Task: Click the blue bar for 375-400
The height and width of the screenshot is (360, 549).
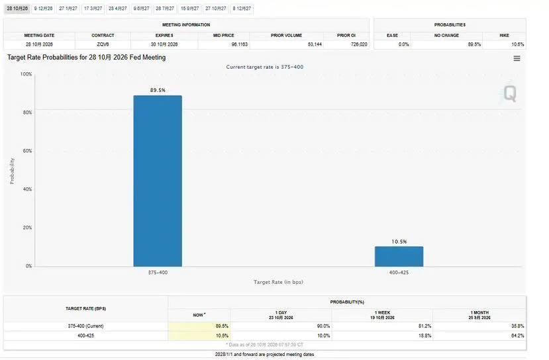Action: coord(158,181)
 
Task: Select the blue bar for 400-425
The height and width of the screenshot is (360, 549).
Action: coord(399,257)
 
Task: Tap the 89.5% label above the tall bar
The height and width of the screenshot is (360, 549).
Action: coord(158,90)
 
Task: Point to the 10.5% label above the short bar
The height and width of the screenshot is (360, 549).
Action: coord(399,242)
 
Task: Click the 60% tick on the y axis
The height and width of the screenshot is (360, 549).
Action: coord(27,151)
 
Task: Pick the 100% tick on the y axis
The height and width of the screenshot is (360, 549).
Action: coord(26,74)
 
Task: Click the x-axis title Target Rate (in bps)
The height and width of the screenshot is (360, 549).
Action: coord(278,282)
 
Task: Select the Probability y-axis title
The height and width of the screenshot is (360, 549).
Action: coord(13,171)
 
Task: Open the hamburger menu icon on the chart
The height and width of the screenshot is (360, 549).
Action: coord(517,58)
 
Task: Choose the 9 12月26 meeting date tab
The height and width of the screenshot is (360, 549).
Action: coord(43,9)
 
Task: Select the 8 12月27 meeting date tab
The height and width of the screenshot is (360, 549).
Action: coord(242,9)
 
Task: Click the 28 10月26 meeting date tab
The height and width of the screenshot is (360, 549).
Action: coord(17,9)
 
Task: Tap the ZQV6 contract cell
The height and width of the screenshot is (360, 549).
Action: coord(103,44)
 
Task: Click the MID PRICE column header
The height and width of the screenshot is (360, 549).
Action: coord(224,35)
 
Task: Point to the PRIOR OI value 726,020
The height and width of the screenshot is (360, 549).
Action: coord(359,44)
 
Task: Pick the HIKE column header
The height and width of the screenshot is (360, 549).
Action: coord(504,35)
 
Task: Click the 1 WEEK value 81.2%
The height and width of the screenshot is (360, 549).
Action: coord(424,326)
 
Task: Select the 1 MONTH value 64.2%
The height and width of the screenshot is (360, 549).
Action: coord(517,336)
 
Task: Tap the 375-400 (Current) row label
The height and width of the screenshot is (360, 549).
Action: coord(86,326)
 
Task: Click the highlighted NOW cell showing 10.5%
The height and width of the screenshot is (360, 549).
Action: coord(199,336)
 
